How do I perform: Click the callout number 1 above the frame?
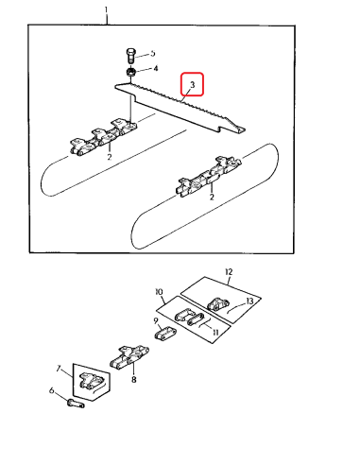point(106,10)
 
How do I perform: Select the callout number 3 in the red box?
point(193,84)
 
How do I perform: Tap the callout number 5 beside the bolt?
point(153,53)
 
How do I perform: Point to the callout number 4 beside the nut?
point(155,68)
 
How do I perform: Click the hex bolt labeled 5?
point(130,56)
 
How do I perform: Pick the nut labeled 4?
point(131,72)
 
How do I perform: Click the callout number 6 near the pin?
point(52,390)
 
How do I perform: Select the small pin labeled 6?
point(76,404)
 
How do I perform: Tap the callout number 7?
point(59,368)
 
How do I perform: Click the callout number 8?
point(134,380)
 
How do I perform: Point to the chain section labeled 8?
point(129,357)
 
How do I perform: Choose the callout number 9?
point(156,321)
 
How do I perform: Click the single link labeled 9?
point(165,334)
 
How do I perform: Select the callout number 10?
point(160,292)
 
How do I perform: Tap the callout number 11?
point(215,332)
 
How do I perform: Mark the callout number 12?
point(229,271)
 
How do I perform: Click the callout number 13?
point(249,301)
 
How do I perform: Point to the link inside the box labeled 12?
point(218,304)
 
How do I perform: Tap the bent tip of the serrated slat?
point(241,129)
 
